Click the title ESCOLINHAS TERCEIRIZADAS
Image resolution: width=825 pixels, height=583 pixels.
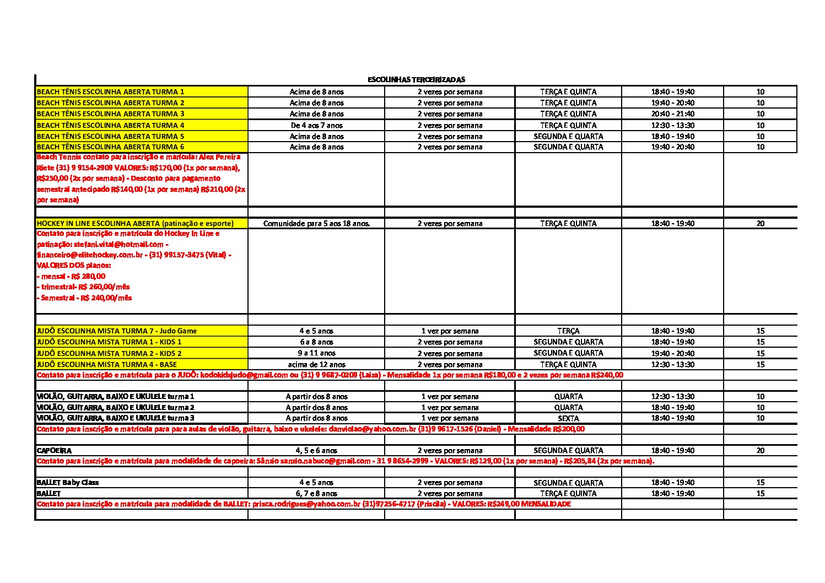(x=416, y=80)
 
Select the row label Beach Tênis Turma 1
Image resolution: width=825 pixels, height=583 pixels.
(x=110, y=92)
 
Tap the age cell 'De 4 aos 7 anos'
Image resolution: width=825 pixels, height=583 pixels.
(x=316, y=125)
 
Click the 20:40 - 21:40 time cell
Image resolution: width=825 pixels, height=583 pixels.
(x=672, y=114)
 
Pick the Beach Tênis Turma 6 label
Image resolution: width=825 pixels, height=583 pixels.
(x=110, y=147)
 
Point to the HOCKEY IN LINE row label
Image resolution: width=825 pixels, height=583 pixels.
(x=135, y=224)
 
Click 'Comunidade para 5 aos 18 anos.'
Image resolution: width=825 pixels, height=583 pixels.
(x=316, y=224)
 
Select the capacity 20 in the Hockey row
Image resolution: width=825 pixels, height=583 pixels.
(x=761, y=224)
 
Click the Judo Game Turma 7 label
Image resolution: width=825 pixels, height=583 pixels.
(x=117, y=331)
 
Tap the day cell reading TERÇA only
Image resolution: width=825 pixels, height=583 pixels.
(x=568, y=331)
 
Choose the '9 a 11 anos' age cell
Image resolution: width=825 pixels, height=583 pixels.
(x=316, y=353)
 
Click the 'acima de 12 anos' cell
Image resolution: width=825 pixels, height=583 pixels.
(x=316, y=364)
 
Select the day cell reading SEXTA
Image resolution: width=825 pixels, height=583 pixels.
(x=568, y=418)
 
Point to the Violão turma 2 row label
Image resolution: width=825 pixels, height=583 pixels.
(x=115, y=407)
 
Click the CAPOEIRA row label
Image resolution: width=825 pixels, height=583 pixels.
(x=54, y=451)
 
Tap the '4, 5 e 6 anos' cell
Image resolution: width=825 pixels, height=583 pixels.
(x=316, y=451)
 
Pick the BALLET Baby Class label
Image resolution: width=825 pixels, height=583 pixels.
(x=67, y=483)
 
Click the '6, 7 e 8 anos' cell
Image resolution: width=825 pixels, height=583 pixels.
(x=316, y=494)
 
